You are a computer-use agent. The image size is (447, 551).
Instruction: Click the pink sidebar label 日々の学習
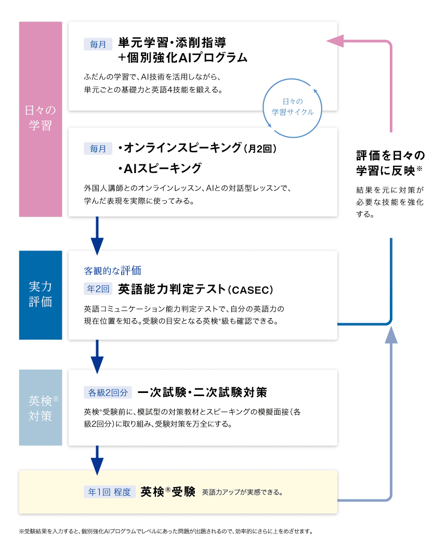[x=41, y=117]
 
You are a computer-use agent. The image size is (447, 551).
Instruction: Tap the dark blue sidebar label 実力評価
[x=41, y=294]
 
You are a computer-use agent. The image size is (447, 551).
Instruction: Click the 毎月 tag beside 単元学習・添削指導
[x=98, y=44]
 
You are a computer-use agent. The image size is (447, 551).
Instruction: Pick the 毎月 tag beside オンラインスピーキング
[x=98, y=149]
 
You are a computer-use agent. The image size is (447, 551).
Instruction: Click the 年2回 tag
[x=98, y=289]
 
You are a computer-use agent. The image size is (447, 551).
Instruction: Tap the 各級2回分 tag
[x=108, y=392]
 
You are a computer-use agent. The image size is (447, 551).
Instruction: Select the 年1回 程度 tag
[x=110, y=492]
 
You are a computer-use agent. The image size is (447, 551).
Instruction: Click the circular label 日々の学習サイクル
[x=293, y=107]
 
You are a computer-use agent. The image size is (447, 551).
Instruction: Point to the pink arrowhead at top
[x=335, y=41]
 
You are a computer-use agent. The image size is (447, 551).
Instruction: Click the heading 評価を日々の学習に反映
[x=390, y=163]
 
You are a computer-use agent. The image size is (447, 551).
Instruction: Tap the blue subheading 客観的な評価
[x=112, y=271]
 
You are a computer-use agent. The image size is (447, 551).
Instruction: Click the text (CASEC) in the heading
[x=251, y=290]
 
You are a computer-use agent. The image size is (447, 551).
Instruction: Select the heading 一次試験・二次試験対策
[x=202, y=392]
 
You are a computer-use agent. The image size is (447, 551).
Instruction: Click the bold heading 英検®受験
[x=167, y=492]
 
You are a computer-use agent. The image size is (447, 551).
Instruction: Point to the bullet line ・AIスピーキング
[x=160, y=168]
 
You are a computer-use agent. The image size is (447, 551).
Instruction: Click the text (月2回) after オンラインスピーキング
[x=260, y=149]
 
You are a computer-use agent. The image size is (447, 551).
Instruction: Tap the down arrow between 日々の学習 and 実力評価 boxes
[x=97, y=236]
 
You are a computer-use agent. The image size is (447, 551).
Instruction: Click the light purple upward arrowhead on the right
[x=391, y=335]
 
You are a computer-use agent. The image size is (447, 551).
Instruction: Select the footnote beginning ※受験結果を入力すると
[x=166, y=531]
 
